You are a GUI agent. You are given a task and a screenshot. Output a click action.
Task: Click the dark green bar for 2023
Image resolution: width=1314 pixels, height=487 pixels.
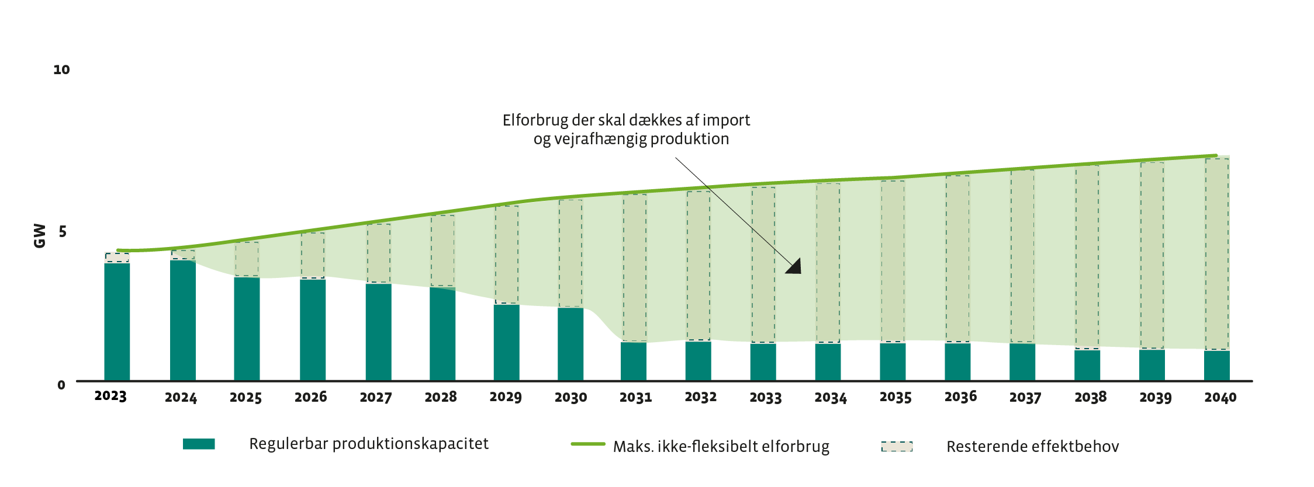tap(117, 322)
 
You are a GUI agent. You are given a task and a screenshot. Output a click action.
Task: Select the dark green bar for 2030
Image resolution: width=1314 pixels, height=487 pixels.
tap(570, 344)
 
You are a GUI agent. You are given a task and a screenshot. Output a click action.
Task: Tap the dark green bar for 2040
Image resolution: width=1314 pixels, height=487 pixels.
tap(1216, 366)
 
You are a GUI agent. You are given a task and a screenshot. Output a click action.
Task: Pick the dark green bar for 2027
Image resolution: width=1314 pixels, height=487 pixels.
tap(378, 332)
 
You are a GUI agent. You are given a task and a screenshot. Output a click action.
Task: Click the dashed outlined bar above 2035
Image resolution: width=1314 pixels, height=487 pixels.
tap(893, 261)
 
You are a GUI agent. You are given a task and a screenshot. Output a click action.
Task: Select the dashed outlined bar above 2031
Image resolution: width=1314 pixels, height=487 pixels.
tap(634, 267)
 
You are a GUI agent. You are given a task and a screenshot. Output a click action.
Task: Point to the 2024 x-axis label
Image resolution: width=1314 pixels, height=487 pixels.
tap(181, 398)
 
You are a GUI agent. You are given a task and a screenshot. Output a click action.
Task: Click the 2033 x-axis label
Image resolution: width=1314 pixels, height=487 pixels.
tap(766, 398)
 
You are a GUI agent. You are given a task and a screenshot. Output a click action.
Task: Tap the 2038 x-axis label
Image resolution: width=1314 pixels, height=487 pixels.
tap(1090, 398)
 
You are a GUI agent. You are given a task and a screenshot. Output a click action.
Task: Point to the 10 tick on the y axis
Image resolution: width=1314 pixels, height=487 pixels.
tap(61, 70)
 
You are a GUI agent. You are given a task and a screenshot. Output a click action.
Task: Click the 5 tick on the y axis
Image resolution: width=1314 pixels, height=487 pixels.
tap(63, 232)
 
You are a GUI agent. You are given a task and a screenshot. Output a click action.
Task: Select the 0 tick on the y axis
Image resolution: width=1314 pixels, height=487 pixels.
tap(61, 385)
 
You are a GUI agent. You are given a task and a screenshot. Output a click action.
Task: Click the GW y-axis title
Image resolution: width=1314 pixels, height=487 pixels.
tap(40, 235)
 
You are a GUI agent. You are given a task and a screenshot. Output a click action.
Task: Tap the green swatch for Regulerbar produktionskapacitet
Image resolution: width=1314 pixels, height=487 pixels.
tap(199, 444)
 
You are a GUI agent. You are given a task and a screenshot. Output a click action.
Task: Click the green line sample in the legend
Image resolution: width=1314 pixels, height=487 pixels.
tap(588, 444)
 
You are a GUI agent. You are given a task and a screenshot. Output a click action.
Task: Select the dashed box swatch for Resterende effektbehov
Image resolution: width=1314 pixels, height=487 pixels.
tap(897, 447)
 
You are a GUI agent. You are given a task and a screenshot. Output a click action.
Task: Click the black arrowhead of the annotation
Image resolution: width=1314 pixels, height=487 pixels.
tap(795, 267)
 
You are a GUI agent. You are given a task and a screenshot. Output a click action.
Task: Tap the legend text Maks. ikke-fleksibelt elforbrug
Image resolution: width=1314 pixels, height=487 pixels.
tap(721, 447)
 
